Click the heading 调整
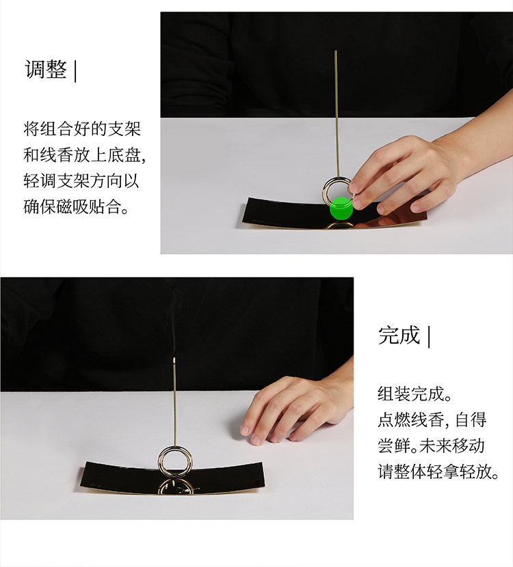46,70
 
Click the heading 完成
399,335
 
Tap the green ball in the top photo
341,208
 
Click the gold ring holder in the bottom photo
175,458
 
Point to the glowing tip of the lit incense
175,359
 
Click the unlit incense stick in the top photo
336,109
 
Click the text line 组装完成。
415,393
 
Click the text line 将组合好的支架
82,129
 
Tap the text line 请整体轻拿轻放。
438,471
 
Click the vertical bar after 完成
429,337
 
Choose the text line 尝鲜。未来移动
431,445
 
